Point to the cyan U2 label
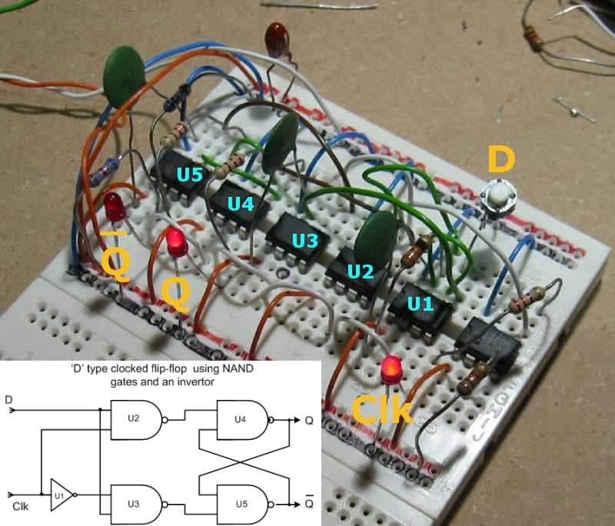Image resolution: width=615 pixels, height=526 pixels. pyautogui.click(x=360, y=271)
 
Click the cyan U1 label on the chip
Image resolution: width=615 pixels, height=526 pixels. pyautogui.click(x=420, y=305)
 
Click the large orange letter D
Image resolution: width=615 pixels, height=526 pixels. pyautogui.click(x=502, y=161)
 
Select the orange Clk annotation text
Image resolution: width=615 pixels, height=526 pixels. pyautogui.click(x=382, y=411)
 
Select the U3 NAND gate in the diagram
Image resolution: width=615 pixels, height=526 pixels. pyautogui.click(x=141, y=504)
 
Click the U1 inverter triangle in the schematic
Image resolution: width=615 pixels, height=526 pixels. pyautogui.click(x=62, y=492)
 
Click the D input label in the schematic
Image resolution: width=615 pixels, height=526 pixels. pyautogui.click(x=8, y=401)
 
